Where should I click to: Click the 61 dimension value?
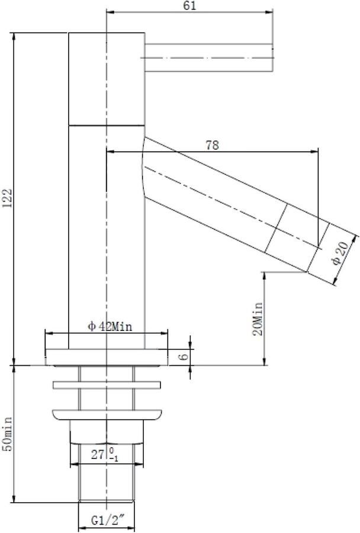tap(189, 5)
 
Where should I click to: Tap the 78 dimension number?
tap(212, 146)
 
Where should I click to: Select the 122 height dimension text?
tap(7, 198)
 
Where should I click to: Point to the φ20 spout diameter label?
tap(340, 253)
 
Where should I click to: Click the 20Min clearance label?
tap(258, 319)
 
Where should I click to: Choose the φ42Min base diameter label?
tap(110, 327)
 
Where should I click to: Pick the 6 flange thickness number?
tap(183, 357)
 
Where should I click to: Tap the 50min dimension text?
tap(7, 434)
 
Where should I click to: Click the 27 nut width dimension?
tap(105, 455)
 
